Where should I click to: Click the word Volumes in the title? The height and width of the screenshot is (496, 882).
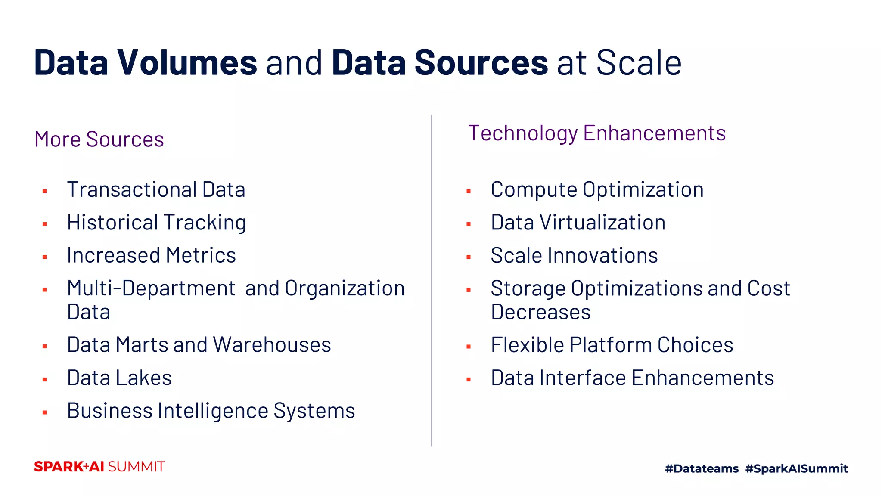click(187, 63)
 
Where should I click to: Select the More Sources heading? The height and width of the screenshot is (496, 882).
click(99, 139)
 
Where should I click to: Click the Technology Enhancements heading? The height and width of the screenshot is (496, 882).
click(597, 133)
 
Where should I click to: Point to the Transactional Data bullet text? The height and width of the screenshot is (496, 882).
click(156, 190)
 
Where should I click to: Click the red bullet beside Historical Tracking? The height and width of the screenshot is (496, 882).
click(45, 224)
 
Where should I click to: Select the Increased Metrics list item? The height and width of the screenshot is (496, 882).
click(151, 255)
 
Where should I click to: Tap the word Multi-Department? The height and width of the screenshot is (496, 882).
click(151, 288)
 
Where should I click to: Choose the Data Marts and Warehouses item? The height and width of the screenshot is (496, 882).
click(199, 345)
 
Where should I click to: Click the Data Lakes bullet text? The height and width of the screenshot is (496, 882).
click(119, 378)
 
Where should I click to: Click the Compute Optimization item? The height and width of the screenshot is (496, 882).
click(597, 190)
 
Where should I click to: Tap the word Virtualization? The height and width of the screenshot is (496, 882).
click(602, 223)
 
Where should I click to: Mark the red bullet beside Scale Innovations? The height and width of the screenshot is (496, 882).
click(469, 257)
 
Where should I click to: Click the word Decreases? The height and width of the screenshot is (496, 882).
click(540, 312)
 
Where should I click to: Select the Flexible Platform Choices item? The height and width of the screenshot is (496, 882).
click(612, 345)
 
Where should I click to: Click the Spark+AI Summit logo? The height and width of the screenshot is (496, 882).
click(99, 467)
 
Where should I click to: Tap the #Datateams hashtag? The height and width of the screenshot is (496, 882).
click(702, 468)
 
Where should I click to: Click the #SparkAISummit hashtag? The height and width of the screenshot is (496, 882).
click(796, 468)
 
